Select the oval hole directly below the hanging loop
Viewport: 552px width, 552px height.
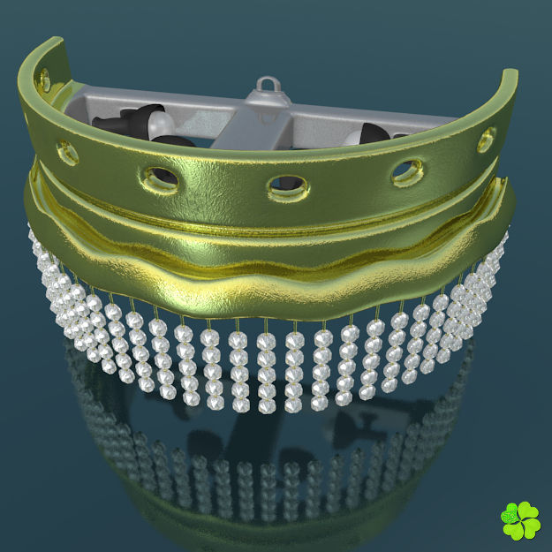pyautogui.click(x=287, y=185)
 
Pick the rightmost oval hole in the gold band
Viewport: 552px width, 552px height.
pyautogui.click(x=487, y=139)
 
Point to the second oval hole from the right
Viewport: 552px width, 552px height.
pyautogui.click(x=407, y=170)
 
